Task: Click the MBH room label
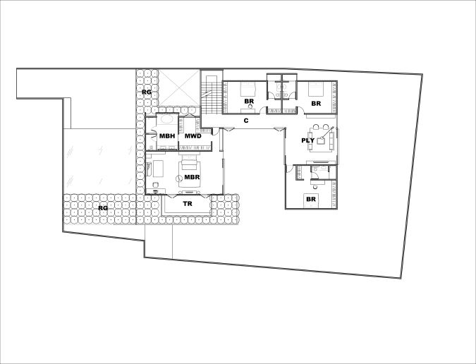point(167,136)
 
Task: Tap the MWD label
point(193,136)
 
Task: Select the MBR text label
point(192,177)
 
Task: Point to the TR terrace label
point(188,204)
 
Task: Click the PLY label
point(308,140)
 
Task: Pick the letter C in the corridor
point(246,121)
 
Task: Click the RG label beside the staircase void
point(147,92)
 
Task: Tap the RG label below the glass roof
point(103,208)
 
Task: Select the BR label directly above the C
point(249,102)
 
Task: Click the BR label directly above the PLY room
point(316,104)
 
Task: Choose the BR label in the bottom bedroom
point(311,200)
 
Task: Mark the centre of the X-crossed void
point(179,87)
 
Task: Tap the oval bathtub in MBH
point(166,119)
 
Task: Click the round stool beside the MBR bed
point(178,178)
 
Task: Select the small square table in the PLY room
point(321,140)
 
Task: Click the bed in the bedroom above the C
point(249,88)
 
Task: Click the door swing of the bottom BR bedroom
point(290,169)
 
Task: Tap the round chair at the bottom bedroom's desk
point(314,183)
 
